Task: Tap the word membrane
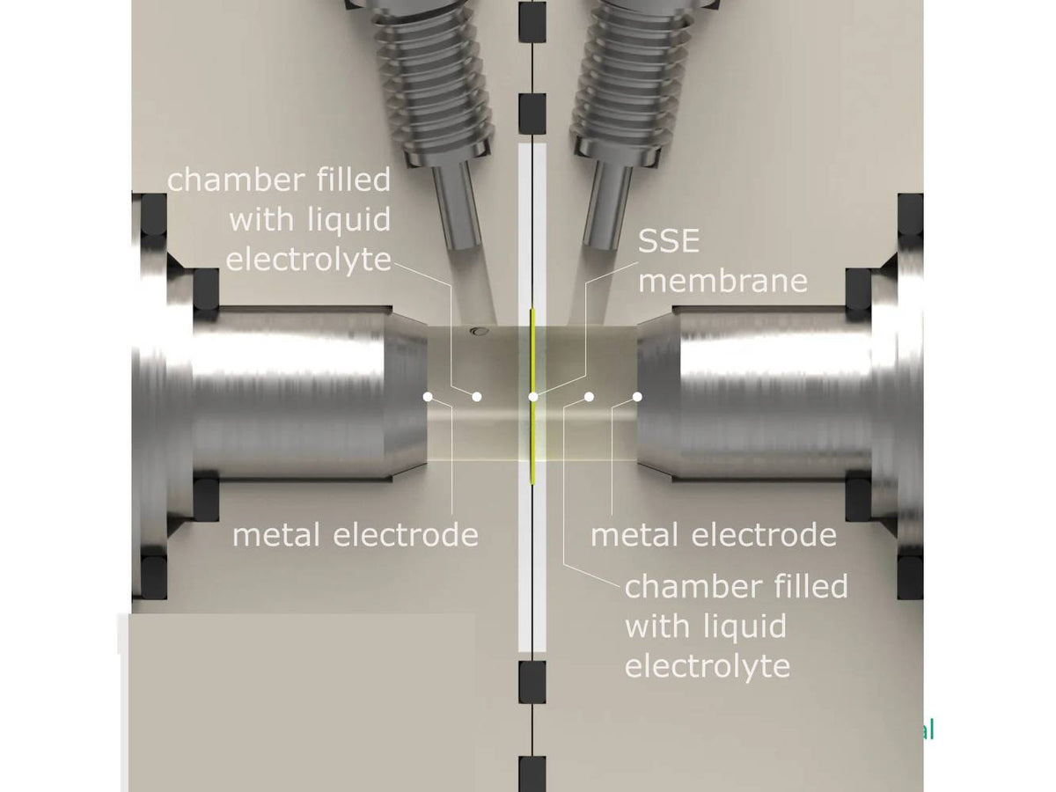pos(722,281)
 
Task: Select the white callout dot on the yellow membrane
pos(533,397)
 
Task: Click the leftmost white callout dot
pos(428,397)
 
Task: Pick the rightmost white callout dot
pos(637,397)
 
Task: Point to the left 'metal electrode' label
pos(355,534)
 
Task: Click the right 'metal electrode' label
pos(713,534)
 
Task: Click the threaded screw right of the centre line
pos(629,79)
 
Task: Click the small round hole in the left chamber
pos(478,331)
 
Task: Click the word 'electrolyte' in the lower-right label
pos(708,666)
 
